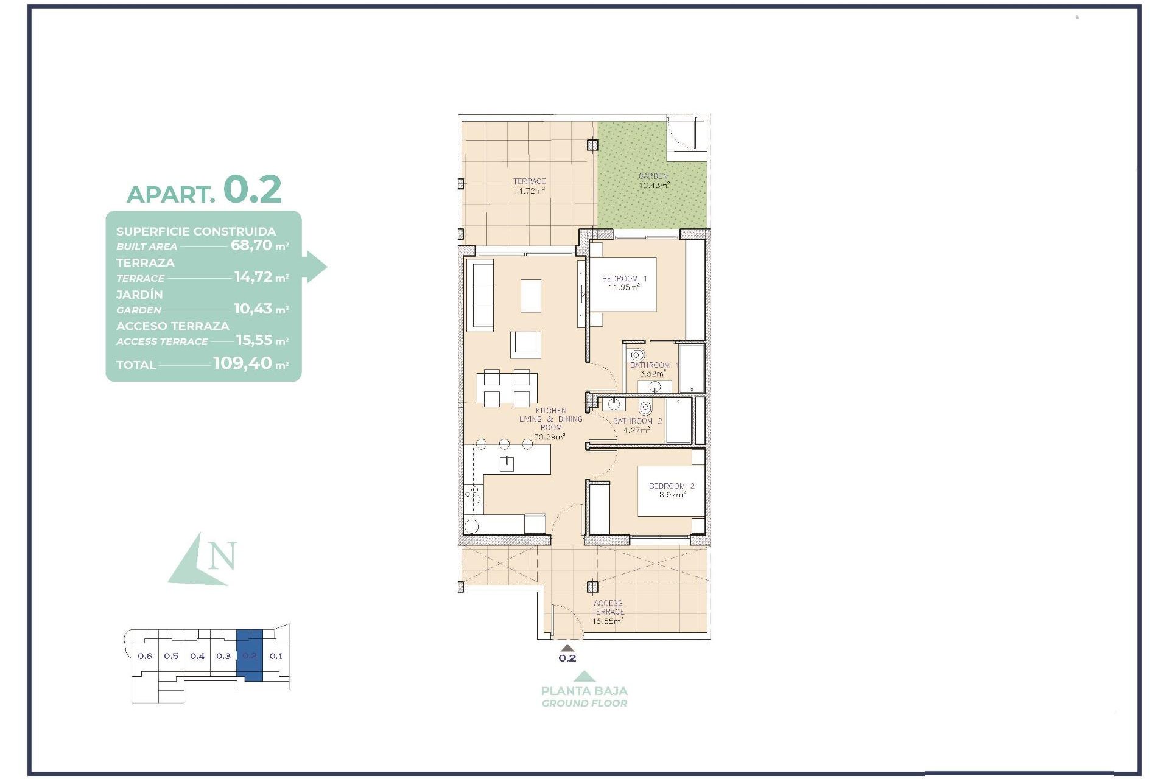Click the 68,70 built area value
tap(251, 246)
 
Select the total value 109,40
tap(242, 364)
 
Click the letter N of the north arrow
tap(222, 556)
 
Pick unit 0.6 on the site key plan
tap(145, 656)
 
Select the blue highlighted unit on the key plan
tap(250, 656)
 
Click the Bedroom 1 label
tap(624, 279)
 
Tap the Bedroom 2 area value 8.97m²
tap(672, 495)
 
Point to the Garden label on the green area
tap(653, 176)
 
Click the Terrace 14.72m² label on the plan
tap(529, 186)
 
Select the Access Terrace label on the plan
tap(608, 607)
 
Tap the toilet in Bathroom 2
tap(645, 407)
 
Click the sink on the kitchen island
tap(507, 464)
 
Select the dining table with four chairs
tap(507, 388)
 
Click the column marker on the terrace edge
tap(592, 145)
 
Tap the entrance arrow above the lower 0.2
tap(567, 648)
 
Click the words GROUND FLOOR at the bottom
tap(584, 704)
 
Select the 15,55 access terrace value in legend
tap(255, 341)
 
